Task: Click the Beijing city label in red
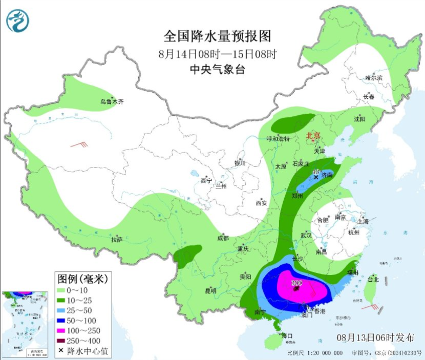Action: [x=313, y=135]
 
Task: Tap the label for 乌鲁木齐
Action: [x=112, y=102]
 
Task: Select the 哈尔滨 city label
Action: [x=374, y=78]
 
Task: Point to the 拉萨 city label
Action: [x=117, y=239]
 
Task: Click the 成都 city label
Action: [x=223, y=238]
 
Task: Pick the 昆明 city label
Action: [x=210, y=290]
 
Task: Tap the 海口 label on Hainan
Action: [x=287, y=336]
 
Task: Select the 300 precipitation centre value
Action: [x=296, y=283]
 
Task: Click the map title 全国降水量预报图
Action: [x=217, y=36]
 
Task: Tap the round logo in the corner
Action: [x=18, y=20]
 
